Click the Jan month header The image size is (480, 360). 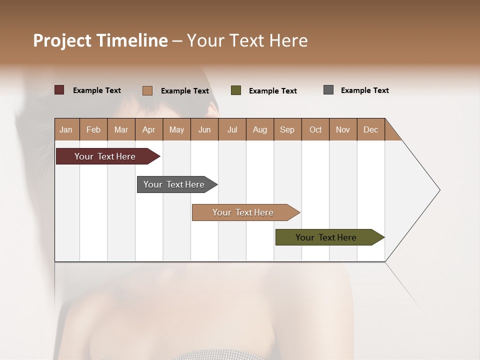[66, 129]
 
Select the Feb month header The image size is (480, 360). [93, 129]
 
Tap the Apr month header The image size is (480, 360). [148, 129]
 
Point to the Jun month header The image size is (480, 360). [204, 129]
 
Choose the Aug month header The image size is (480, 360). [259, 129]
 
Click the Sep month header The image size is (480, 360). [287, 129]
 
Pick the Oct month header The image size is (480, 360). [315, 129]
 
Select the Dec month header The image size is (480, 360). [370, 129]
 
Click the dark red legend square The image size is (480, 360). [59, 90]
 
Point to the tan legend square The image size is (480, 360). [147, 90]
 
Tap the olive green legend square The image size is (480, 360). [236, 90]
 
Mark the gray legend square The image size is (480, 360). [328, 90]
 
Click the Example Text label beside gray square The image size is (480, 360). [364, 90]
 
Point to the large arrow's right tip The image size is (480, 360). [439, 190]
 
